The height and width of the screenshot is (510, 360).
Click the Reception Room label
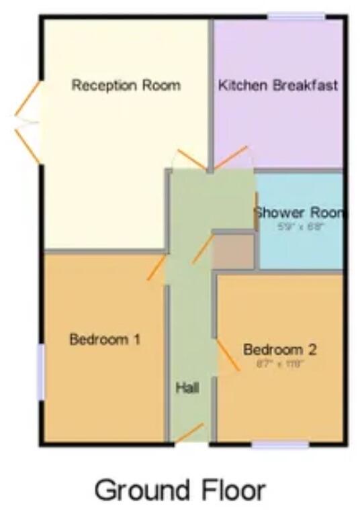pyautogui.click(x=126, y=86)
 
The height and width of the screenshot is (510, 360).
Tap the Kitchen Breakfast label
pyautogui.click(x=277, y=86)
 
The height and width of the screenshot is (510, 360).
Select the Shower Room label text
pyautogui.click(x=300, y=213)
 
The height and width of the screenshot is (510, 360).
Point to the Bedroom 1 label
pyautogui.click(x=105, y=339)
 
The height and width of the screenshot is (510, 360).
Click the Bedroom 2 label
pyautogui.click(x=279, y=350)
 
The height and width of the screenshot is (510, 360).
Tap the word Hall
pyautogui.click(x=187, y=387)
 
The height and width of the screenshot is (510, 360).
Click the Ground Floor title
pyautogui.click(x=180, y=490)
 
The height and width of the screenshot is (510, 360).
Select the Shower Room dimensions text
pyautogui.click(x=301, y=227)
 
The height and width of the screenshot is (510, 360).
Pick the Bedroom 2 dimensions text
pyautogui.click(x=280, y=363)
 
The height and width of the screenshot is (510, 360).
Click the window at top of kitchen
pyautogui.click(x=296, y=16)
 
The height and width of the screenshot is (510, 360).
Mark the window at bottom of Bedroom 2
pyautogui.click(x=280, y=444)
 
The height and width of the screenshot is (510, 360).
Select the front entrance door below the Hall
pyautogui.click(x=189, y=434)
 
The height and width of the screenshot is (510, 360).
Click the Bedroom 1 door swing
pyautogui.click(x=156, y=267)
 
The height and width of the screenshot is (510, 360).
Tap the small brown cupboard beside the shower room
pyautogui.click(x=233, y=252)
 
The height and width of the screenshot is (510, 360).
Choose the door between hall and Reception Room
pyautogui.click(x=191, y=161)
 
